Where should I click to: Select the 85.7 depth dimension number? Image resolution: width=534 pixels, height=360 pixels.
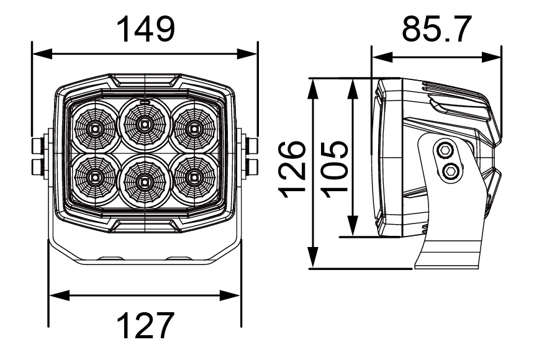436,29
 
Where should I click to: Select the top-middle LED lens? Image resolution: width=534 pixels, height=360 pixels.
144,124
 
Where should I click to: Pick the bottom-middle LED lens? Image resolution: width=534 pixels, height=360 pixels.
144,182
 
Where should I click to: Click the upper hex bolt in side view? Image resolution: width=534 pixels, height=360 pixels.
445,150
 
